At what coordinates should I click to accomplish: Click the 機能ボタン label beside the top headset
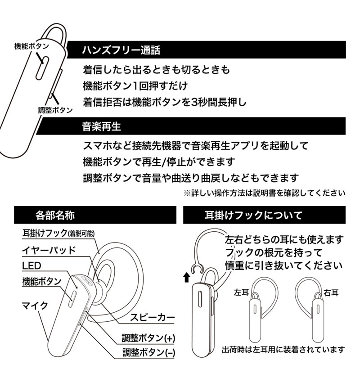pyautogui.click(x=31, y=46)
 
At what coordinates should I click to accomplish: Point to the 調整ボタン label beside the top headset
pyautogui.click(x=55, y=110)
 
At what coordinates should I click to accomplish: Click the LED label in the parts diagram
pyautogui.click(x=31, y=265)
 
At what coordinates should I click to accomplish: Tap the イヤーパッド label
pyautogui.click(x=49, y=250)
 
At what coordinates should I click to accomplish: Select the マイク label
pyautogui.click(x=35, y=306)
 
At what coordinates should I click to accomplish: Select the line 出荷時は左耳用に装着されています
pyautogui.click(x=283, y=349)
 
